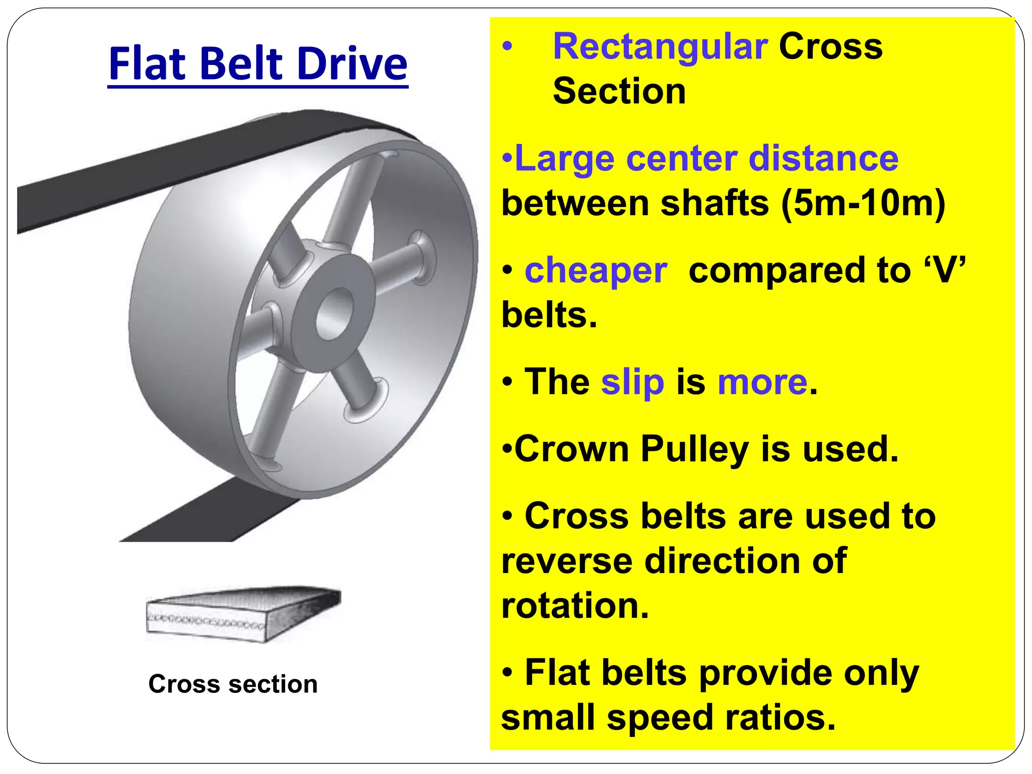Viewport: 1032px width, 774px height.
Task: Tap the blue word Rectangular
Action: pyautogui.click(x=660, y=46)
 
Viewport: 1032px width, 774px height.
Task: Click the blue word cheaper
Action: pyautogui.click(x=596, y=271)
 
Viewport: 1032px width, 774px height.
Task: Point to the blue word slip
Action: pyautogui.click(x=632, y=382)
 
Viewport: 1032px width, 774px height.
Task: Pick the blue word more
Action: pyautogui.click(x=762, y=382)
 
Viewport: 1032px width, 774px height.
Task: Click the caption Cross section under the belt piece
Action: pyautogui.click(x=233, y=684)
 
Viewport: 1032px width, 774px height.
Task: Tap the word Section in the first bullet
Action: pyautogui.click(x=619, y=91)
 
